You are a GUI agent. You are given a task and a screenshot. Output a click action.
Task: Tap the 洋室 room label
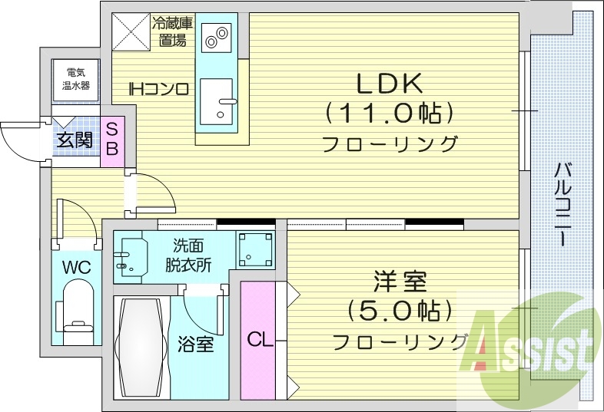399,283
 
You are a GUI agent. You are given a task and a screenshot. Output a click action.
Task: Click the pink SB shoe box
111,139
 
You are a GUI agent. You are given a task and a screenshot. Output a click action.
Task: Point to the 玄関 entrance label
74,140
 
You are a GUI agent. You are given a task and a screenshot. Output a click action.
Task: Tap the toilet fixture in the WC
77,311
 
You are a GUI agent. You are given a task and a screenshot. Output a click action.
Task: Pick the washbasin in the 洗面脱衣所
131,254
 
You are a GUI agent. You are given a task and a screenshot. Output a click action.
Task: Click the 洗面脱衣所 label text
188,254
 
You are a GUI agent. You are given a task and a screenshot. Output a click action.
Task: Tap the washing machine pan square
254,249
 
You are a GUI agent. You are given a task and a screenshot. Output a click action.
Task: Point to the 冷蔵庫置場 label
173,31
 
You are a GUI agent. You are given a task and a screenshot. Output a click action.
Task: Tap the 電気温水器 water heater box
75,79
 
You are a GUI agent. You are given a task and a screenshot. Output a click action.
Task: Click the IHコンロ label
158,89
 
